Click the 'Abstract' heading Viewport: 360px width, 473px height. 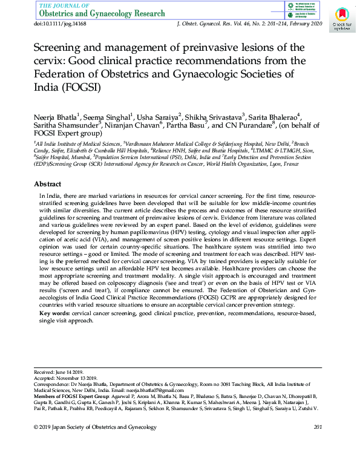tap(47, 184)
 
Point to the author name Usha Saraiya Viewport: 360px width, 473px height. tap(159, 116)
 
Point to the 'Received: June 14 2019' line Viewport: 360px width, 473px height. tap(59, 371)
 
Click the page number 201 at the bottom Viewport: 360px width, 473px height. tap(318, 428)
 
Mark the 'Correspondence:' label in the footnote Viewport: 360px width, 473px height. tap(50, 383)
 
